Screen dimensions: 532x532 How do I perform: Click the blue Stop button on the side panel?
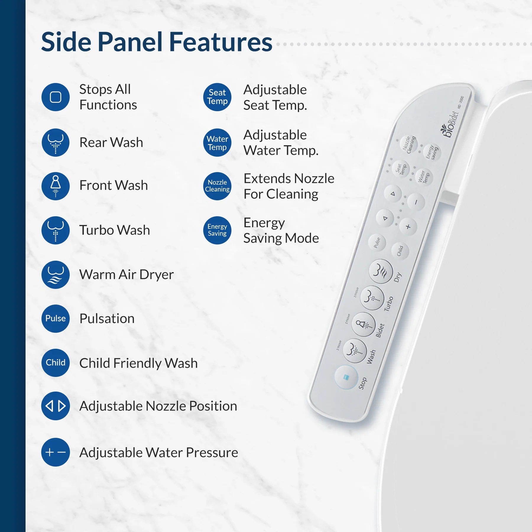coord(346,377)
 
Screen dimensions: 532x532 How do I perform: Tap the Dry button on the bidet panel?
coord(381,271)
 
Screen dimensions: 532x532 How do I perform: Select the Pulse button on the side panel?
coord(377,243)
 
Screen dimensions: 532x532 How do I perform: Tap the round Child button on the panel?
coord(400,251)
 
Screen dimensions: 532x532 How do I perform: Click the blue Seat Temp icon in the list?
coord(217,97)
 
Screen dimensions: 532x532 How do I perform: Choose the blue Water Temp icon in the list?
coord(217,143)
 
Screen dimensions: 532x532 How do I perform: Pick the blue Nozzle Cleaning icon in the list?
coord(217,186)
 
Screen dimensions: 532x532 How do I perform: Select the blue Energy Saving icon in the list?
coord(217,230)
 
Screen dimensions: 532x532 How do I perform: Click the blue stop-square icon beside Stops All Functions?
coord(56,97)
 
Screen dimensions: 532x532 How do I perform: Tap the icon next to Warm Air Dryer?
coord(56,275)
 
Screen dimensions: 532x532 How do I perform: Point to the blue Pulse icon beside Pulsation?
coord(56,318)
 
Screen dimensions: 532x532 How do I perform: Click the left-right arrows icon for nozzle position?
coord(56,406)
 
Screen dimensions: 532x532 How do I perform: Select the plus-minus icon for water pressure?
coord(56,452)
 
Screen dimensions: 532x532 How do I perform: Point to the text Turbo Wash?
coord(115,230)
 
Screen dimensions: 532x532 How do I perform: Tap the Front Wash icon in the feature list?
coord(56,186)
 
